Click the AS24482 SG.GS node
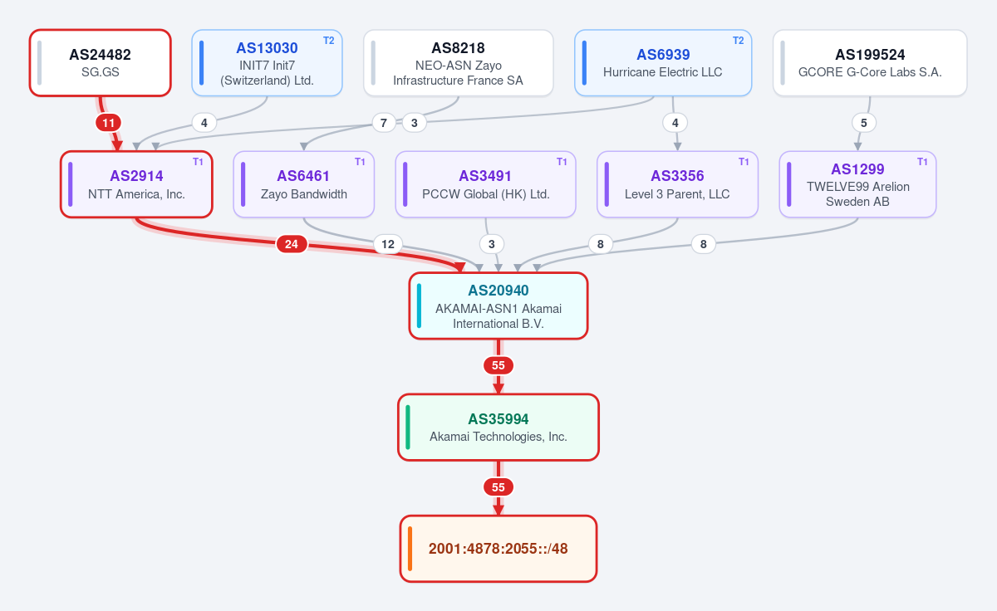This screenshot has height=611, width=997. click(x=101, y=63)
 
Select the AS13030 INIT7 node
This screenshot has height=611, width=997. click(x=267, y=63)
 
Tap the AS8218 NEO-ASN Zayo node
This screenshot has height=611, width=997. click(x=459, y=63)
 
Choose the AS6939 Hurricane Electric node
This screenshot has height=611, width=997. click(x=663, y=63)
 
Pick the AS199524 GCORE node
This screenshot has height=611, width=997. click(x=870, y=63)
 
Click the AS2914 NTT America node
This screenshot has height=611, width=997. click(x=136, y=184)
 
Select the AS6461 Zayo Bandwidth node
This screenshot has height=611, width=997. click(x=304, y=184)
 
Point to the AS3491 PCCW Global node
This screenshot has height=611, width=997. click(x=485, y=184)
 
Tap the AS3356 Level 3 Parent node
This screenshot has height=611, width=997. click(x=677, y=184)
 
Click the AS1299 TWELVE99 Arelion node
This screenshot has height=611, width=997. click(x=857, y=184)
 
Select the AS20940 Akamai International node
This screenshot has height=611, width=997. click(x=498, y=306)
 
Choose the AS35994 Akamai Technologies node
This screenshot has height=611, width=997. click(x=498, y=428)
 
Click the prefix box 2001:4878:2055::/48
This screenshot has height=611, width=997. click(x=498, y=549)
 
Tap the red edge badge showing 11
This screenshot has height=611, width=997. click(x=109, y=123)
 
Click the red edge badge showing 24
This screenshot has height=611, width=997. click(x=292, y=244)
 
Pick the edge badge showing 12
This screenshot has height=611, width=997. click(x=388, y=244)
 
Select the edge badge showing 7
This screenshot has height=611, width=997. click(x=384, y=123)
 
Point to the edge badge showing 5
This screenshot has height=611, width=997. click(x=864, y=123)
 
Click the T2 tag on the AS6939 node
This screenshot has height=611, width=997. click(x=739, y=41)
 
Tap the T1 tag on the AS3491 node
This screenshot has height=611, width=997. click(x=562, y=162)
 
